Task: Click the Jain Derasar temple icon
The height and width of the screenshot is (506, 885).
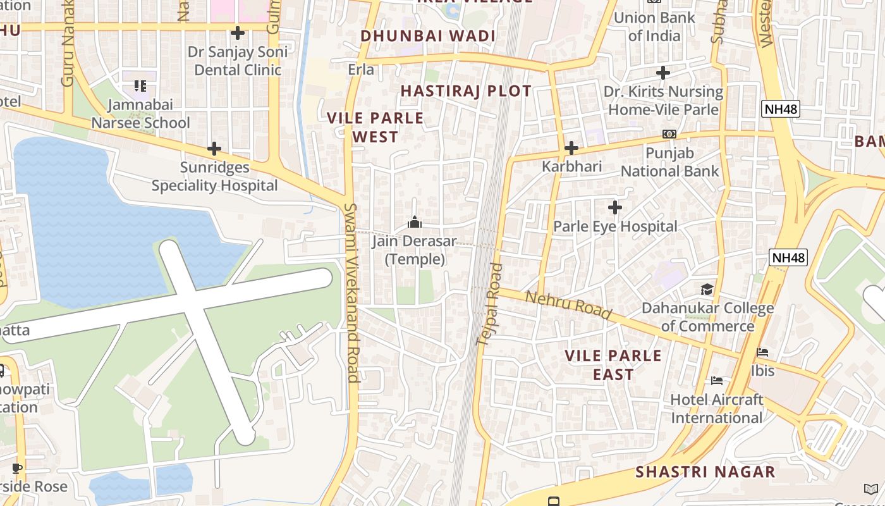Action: (x=415, y=222)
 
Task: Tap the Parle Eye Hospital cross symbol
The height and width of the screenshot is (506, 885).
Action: (x=614, y=207)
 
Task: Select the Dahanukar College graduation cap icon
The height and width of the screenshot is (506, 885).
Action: (x=707, y=289)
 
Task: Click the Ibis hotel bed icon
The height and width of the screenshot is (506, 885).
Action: (x=762, y=352)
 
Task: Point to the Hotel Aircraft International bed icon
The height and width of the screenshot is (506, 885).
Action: (x=717, y=380)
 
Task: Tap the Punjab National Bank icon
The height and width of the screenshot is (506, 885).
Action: (x=669, y=134)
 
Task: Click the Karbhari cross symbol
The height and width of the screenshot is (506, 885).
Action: (x=571, y=148)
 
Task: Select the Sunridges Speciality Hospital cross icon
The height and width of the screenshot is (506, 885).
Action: (x=214, y=149)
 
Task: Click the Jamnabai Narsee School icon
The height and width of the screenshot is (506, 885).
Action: (x=140, y=85)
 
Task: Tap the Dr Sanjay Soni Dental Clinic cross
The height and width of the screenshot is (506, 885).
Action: (x=238, y=32)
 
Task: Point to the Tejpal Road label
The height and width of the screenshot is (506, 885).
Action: (x=489, y=304)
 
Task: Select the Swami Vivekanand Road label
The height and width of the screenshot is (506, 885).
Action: (x=351, y=292)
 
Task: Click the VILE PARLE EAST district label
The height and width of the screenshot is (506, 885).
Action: (x=613, y=365)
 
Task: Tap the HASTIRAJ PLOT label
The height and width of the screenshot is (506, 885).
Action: (x=466, y=91)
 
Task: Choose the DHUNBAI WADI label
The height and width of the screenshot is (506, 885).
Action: (x=428, y=36)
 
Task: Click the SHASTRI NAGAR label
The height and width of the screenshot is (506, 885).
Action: (x=705, y=472)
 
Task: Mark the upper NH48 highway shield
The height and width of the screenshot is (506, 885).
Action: (x=781, y=109)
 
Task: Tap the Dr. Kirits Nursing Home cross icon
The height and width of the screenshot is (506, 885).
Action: (x=662, y=73)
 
